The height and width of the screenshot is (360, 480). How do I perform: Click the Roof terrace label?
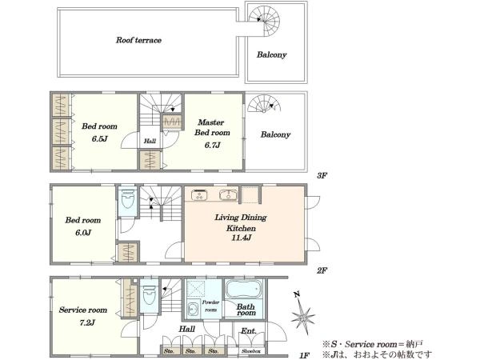(138, 40)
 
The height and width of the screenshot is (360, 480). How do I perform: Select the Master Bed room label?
(212, 127)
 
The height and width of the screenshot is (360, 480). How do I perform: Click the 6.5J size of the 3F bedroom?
(99, 138)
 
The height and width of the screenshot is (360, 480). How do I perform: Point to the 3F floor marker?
(322, 176)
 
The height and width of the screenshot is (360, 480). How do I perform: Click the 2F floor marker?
(322, 270)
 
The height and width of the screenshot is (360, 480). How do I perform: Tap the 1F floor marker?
(305, 355)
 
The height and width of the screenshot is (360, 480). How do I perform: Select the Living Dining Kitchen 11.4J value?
(242, 238)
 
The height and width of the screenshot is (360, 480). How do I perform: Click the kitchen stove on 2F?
(199, 195)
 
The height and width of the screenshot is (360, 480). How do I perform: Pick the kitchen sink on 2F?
(228, 195)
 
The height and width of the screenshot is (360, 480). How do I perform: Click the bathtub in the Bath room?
(244, 289)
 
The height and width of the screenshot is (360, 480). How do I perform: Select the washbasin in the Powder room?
(193, 309)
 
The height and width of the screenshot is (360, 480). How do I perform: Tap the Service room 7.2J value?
(87, 322)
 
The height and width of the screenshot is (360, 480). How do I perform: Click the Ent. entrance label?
(249, 331)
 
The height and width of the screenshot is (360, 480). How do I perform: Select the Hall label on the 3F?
(150, 141)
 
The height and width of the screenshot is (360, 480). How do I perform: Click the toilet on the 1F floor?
(149, 295)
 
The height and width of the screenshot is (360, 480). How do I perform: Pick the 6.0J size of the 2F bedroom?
(83, 233)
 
